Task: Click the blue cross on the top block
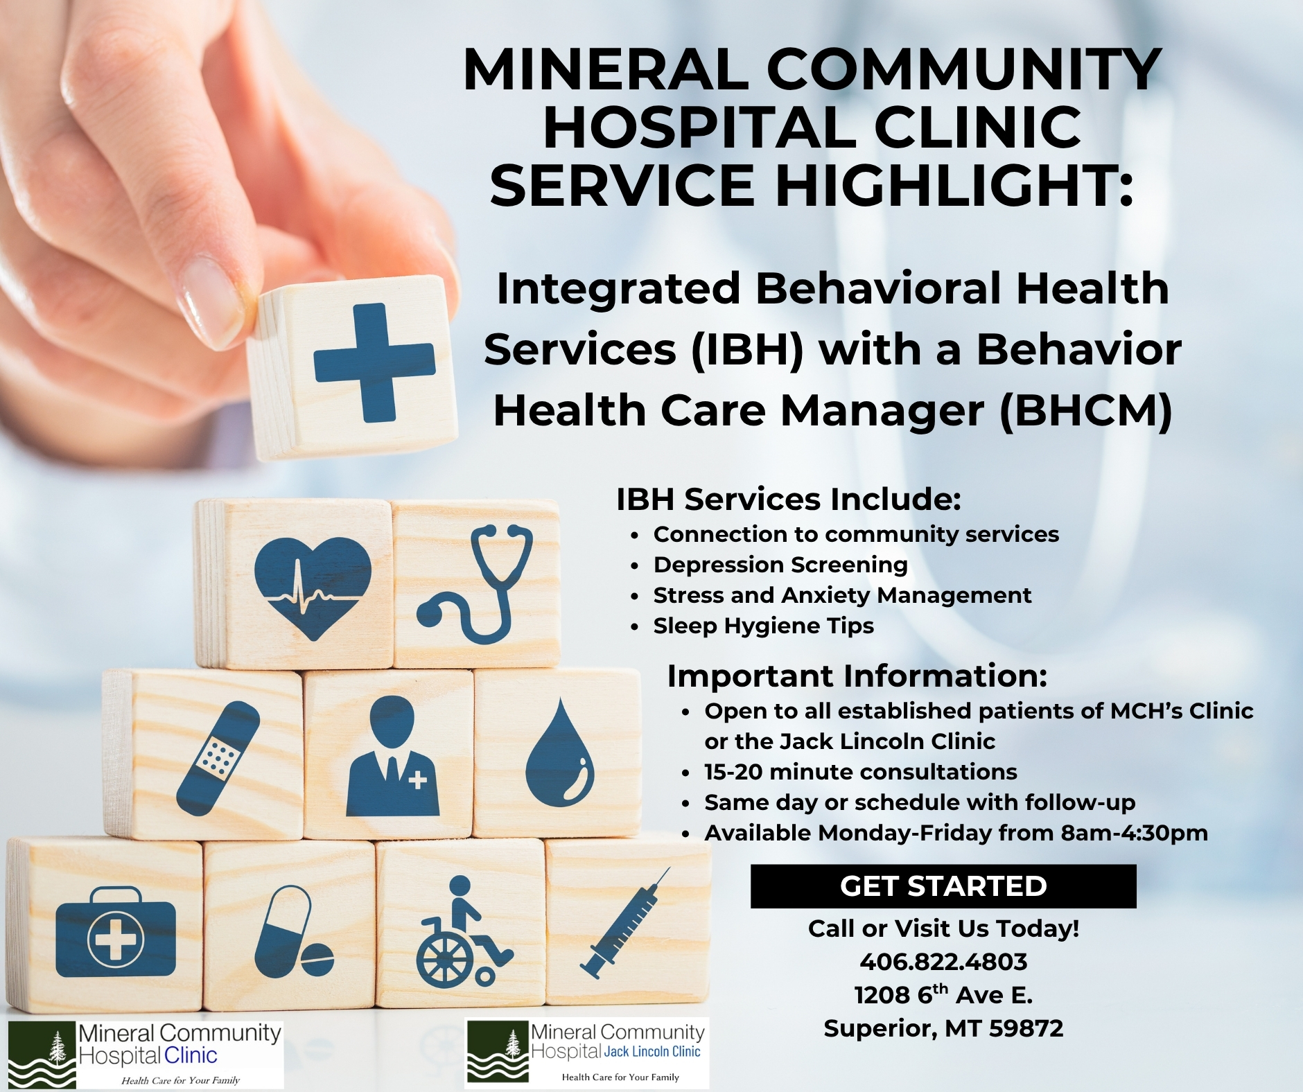(x=374, y=362)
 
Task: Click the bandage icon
(x=218, y=757)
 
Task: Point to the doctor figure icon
(x=392, y=755)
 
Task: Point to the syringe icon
(x=625, y=922)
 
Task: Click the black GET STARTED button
(x=943, y=886)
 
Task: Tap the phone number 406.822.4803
(x=943, y=962)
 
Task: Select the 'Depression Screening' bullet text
(x=780, y=565)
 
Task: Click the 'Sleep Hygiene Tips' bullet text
(x=763, y=626)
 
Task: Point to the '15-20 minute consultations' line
(x=861, y=772)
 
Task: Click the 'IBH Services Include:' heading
(x=789, y=500)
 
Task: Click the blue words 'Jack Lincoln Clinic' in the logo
(x=652, y=1051)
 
